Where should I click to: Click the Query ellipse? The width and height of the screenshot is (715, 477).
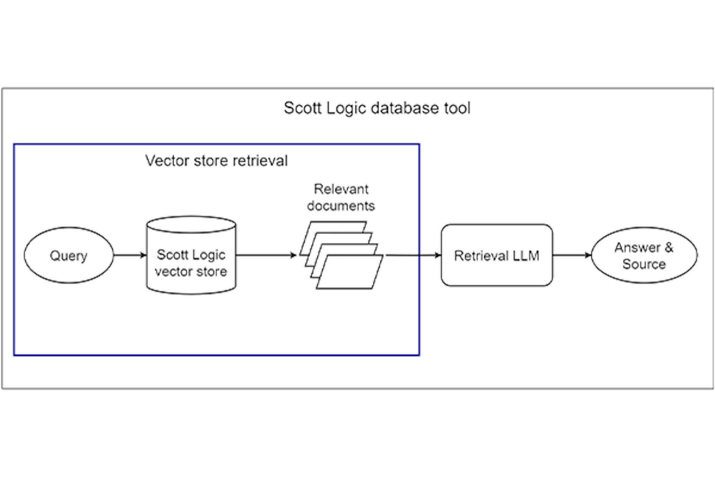click(69, 255)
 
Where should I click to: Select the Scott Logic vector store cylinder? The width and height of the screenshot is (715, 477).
click(191, 263)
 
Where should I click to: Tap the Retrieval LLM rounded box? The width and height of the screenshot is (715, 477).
click(496, 255)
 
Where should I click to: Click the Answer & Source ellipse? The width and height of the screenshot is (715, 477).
click(644, 255)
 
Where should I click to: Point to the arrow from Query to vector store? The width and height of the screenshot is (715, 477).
click(129, 255)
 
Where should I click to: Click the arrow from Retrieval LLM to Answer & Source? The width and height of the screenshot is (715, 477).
click(571, 255)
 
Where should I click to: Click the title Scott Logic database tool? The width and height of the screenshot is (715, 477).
click(377, 108)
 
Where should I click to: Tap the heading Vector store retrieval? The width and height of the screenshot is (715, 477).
click(216, 161)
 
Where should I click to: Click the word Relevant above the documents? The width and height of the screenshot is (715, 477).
click(341, 189)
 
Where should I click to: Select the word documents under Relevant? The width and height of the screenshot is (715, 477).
click(341, 206)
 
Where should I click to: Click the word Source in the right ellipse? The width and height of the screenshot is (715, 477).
click(644, 264)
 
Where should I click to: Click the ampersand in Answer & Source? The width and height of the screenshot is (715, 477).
click(668, 247)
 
